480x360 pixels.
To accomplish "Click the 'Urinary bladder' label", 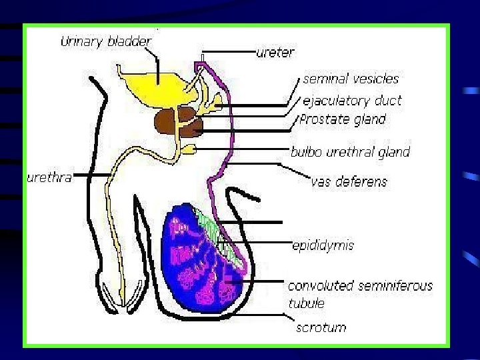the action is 106,41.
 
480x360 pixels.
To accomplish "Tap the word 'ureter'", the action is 275,52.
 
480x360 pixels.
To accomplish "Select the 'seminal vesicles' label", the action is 351,79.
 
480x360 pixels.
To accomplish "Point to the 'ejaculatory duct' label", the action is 352,101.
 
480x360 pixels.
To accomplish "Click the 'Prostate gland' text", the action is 343,120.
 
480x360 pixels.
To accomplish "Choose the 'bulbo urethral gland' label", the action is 350,152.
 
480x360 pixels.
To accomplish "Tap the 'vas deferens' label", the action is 349,181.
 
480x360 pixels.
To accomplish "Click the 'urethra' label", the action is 49,178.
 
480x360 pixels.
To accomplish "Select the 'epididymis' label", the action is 323,245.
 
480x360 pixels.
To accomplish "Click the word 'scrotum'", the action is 321,327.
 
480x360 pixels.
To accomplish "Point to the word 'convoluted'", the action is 321,286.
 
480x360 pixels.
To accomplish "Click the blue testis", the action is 193,267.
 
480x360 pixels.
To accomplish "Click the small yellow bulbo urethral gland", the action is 189,149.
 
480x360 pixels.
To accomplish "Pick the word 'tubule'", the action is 306,303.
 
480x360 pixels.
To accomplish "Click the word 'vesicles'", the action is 374,79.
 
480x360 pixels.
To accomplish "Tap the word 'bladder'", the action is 129,41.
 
